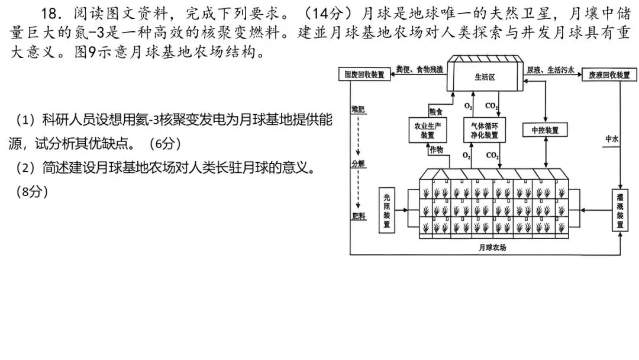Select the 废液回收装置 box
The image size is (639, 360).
pyautogui.click(x=608, y=75)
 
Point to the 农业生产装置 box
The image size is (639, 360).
pyautogui.click(x=428, y=130)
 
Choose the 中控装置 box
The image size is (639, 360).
pyautogui.click(x=545, y=130)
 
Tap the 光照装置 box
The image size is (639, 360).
pyautogui.click(x=387, y=210)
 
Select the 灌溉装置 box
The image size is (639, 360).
pyautogui.click(x=619, y=210)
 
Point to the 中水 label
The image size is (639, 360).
pyautogui.click(x=611, y=139)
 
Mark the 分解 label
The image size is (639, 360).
pyautogui.click(x=358, y=163)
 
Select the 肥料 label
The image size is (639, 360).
pyautogui.click(x=358, y=216)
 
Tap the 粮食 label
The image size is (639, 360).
pyautogui.click(x=435, y=111)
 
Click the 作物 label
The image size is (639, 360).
pyautogui.click(x=437, y=150)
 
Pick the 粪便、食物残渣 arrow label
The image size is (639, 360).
pyautogui.click(x=420, y=69)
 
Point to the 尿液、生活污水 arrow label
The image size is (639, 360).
pyautogui.click(x=550, y=69)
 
